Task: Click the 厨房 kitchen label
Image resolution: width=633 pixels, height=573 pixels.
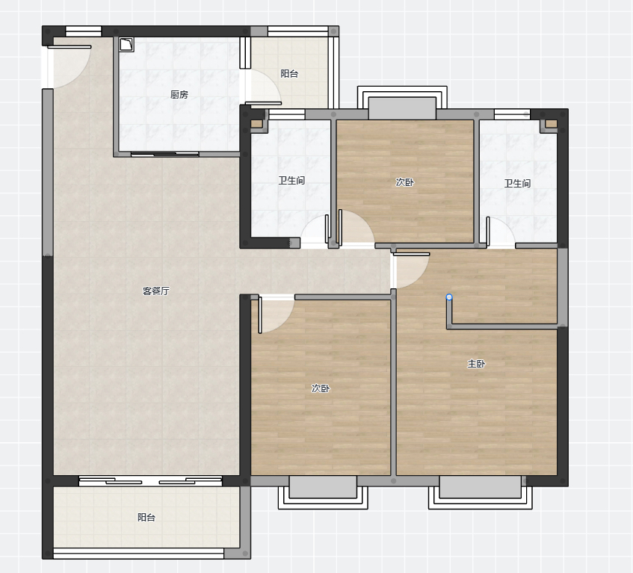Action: [x=179, y=94]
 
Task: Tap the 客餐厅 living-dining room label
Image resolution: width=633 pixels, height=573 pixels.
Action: [x=156, y=291]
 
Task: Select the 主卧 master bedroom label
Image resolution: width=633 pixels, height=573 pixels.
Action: [x=476, y=364]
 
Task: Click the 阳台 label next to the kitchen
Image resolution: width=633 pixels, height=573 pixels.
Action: [x=289, y=73]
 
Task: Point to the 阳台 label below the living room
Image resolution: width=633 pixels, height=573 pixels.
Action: [x=146, y=517]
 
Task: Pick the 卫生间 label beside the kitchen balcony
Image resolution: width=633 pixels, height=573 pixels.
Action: [x=291, y=180]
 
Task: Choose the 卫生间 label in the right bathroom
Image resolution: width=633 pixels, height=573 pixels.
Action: [x=517, y=184]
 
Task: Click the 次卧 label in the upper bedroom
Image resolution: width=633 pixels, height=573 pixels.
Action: [x=404, y=182]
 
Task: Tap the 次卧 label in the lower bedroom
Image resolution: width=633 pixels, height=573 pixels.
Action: [x=321, y=388]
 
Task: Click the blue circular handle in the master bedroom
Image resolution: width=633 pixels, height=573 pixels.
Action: [x=449, y=297]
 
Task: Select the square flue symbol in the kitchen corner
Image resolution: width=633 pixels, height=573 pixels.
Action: [x=126, y=45]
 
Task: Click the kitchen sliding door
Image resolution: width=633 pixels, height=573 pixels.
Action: [x=164, y=154]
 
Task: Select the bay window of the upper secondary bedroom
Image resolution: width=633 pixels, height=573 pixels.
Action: [x=402, y=103]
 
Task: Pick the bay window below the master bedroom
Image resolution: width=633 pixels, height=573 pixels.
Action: [x=480, y=492]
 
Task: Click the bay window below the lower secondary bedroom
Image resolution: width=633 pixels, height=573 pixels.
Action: [x=323, y=492]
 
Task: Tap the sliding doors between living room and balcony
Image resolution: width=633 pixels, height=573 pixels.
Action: [x=150, y=480]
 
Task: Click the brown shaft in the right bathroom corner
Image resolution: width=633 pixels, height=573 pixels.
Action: [x=551, y=124]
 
